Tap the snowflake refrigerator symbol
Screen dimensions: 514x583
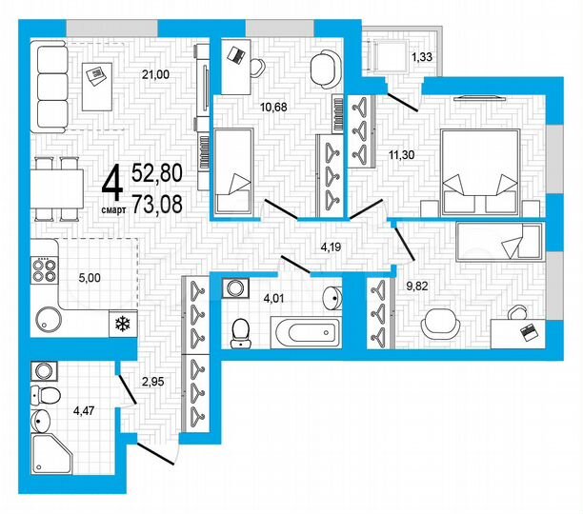[x=121, y=324]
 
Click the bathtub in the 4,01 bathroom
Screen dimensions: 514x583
[x=301, y=335]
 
